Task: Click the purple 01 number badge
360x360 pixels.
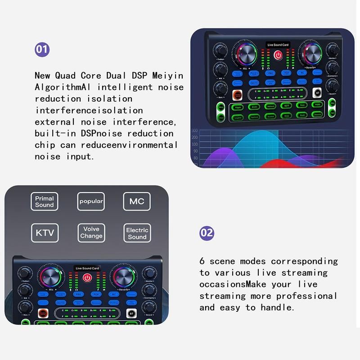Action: [x=42, y=49]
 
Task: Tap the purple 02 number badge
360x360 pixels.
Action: [x=207, y=233]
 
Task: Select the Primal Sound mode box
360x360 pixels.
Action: [x=45, y=201]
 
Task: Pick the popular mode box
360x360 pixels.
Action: [x=91, y=201]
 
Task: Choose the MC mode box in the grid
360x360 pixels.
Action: [x=137, y=201]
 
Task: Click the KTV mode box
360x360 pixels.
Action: [x=45, y=233]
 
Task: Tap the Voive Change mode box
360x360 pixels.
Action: [x=91, y=233]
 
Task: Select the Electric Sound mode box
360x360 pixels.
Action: [x=137, y=233]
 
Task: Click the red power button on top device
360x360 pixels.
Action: [x=279, y=56]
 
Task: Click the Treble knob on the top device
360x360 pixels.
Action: [x=220, y=49]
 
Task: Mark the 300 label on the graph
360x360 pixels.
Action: [x=194, y=131]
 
